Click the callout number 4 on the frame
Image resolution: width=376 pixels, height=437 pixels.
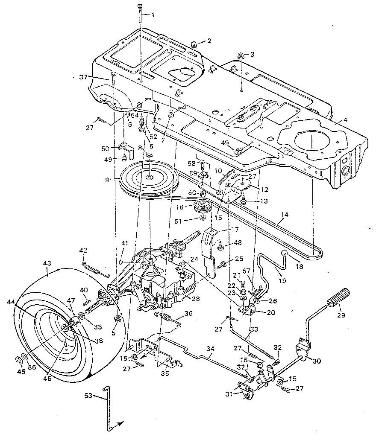coord(345,120)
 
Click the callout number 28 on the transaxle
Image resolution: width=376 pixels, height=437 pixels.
coord(195,299)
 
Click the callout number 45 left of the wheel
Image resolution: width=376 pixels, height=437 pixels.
coord(21,371)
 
